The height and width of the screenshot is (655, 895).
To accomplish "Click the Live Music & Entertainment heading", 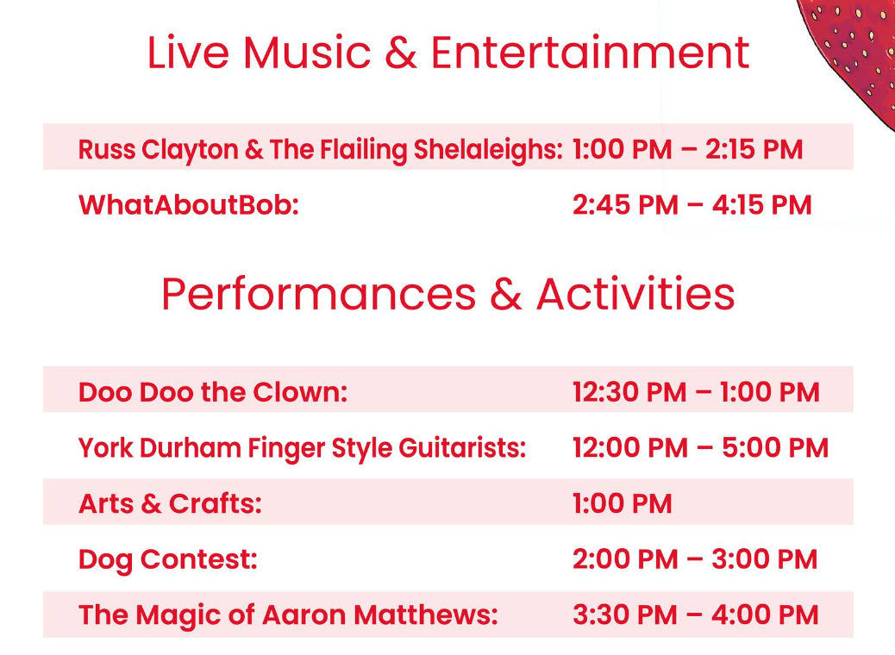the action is coord(448,53).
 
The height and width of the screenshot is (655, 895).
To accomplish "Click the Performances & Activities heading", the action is coord(448,295).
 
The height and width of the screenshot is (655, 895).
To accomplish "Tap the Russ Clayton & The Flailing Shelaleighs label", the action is coord(320,150).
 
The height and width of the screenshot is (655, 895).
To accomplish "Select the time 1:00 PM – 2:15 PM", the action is coord(688,149).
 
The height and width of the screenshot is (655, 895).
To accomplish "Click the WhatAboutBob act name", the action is coord(188,205).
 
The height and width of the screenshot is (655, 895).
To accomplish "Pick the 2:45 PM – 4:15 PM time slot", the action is coord(692,205).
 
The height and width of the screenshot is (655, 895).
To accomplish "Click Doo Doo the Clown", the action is coord(213,392).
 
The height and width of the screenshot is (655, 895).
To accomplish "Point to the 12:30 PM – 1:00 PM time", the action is coord(697,392).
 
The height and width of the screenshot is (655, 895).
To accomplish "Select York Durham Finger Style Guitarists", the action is coord(302,448).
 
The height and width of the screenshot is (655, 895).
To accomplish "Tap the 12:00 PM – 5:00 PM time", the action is coord(700,448).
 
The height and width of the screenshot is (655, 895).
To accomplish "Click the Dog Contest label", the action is coord(168,559).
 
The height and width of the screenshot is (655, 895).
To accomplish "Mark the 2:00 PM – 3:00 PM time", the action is coord(695,559).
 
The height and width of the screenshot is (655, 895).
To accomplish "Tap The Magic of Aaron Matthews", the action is coord(288,615).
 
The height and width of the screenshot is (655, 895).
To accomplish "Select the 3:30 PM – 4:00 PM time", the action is coord(696,615).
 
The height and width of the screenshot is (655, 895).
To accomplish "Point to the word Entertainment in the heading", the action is coord(590,53).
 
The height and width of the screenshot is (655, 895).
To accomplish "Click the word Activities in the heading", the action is coord(635,295).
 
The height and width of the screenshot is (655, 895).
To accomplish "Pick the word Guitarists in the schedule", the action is coord(462,448).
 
